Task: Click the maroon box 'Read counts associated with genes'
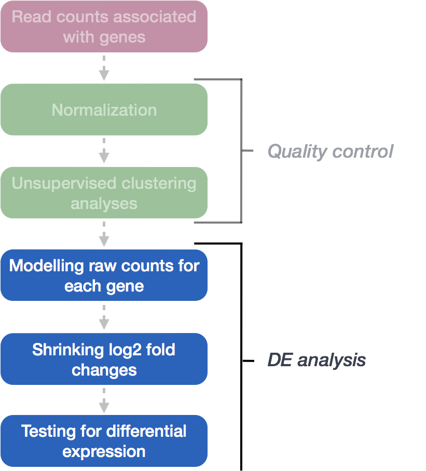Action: pyautogui.click(x=104, y=26)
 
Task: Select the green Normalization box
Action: pyautogui.click(x=104, y=109)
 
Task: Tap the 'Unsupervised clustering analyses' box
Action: pyautogui.click(x=104, y=192)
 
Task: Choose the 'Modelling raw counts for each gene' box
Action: pyautogui.click(x=104, y=275)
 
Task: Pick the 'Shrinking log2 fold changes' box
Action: pyautogui.click(x=104, y=359)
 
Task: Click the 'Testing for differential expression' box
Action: pyautogui.click(x=104, y=441)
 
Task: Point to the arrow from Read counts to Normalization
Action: pyautogui.click(x=104, y=68)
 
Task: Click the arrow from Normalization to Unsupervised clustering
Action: pyautogui.click(x=104, y=151)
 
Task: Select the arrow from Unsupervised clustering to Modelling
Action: pyautogui.click(x=104, y=234)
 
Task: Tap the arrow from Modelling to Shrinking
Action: pyautogui.click(x=104, y=317)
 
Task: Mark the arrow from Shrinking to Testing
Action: pyautogui.click(x=104, y=400)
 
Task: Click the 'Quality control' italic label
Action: pyautogui.click(x=330, y=151)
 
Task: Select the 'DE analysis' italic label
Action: pyautogui.click(x=316, y=360)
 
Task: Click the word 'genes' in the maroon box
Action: pyautogui.click(x=125, y=37)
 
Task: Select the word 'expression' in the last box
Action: pyautogui.click(x=104, y=451)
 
